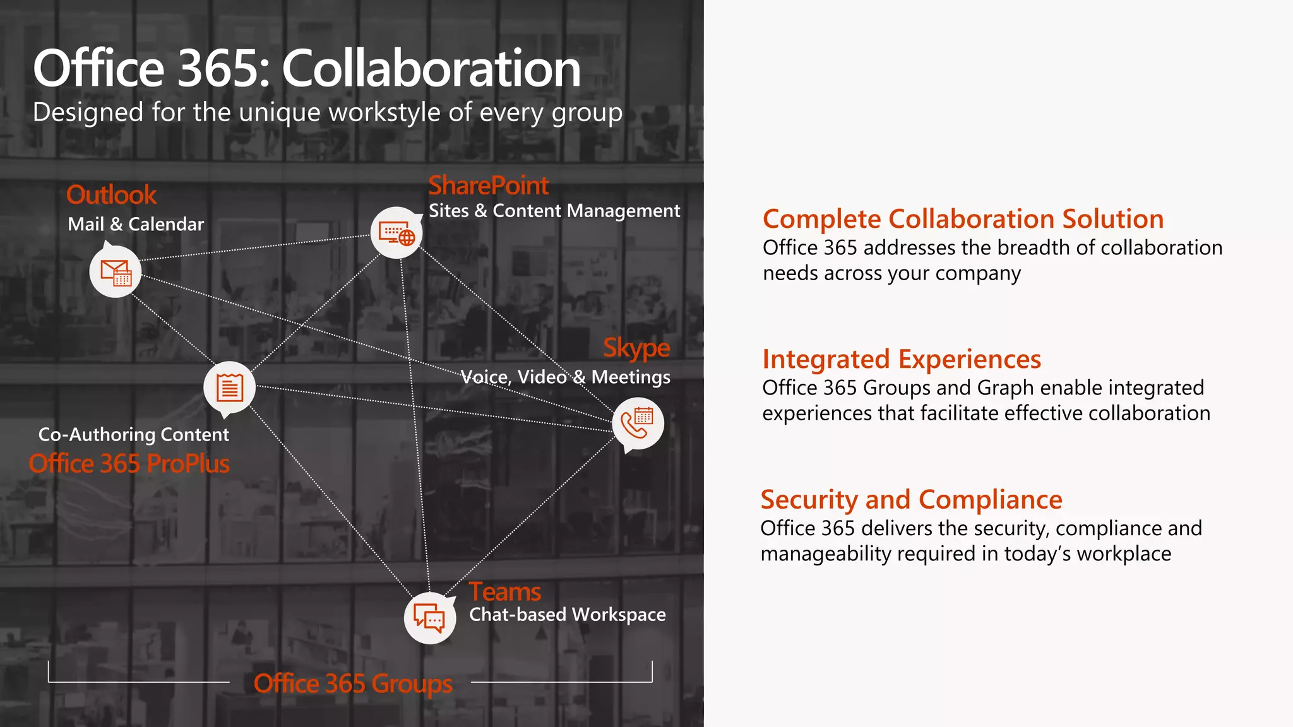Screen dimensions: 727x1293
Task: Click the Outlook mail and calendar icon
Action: tap(115, 272)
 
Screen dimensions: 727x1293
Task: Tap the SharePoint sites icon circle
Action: tap(396, 233)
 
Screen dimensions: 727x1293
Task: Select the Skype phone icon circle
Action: tap(638, 423)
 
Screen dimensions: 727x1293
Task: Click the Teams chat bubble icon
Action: tap(429, 618)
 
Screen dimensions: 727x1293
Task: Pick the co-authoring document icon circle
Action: tap(229, 387)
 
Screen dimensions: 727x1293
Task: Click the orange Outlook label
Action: tap(111, 195)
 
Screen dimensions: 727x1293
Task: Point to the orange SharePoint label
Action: tap(489, 186)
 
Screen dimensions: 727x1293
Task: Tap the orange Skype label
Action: tap(636, 348)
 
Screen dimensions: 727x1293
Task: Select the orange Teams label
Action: tap(504, 592)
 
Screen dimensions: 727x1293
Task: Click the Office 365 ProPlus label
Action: tap(129, 464)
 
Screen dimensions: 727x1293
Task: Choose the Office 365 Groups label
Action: tap(353, 683)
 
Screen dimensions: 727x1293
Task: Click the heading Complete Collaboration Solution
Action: tap(963, 219)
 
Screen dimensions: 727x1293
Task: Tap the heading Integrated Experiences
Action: tap(902, 359)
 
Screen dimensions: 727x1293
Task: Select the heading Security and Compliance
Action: tap(911, 500)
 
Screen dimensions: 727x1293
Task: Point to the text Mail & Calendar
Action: tap(136, 224)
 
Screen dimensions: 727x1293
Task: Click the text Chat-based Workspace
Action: tap(567, 615)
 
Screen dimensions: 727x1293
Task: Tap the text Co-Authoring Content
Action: tap(133, 434)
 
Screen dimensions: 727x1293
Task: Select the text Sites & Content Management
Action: tap(554, 211)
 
